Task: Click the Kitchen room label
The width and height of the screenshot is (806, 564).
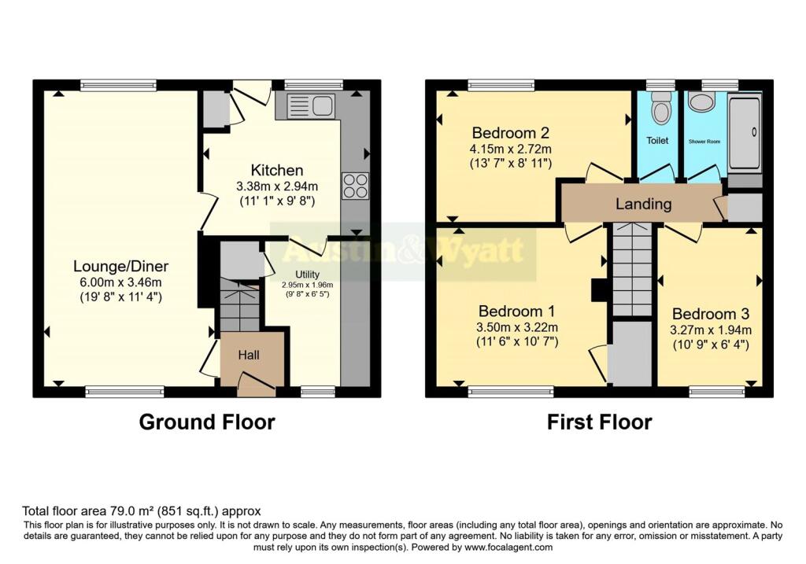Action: [277, 170]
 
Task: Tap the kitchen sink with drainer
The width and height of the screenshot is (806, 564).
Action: [310, 105]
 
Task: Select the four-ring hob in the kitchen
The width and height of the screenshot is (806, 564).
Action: [355, 186]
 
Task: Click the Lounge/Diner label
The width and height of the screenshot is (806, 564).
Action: [120, 266]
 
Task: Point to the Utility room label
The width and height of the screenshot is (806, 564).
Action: [308, 275]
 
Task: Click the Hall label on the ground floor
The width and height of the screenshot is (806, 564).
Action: [249, 355]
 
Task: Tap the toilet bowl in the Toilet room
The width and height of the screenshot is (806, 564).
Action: [660, 109]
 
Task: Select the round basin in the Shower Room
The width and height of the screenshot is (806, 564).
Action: [699, 101]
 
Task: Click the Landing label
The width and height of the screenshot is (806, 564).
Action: [644, 205]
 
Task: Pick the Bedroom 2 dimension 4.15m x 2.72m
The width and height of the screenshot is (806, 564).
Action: [510, 149]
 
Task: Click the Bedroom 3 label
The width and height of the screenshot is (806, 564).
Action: [711, 314]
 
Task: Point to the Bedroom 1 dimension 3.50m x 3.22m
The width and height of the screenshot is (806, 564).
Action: [517, 328]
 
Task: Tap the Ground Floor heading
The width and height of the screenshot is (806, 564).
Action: [207, 422]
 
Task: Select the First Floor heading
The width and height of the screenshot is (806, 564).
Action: [599, 422]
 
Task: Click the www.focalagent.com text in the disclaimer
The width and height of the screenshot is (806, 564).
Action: [508, 547]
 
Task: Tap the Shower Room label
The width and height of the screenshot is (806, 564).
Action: [704, 142]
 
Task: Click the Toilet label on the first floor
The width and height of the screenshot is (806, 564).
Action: [657, 140]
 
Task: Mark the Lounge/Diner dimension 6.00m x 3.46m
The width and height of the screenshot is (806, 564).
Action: [120, 282]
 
